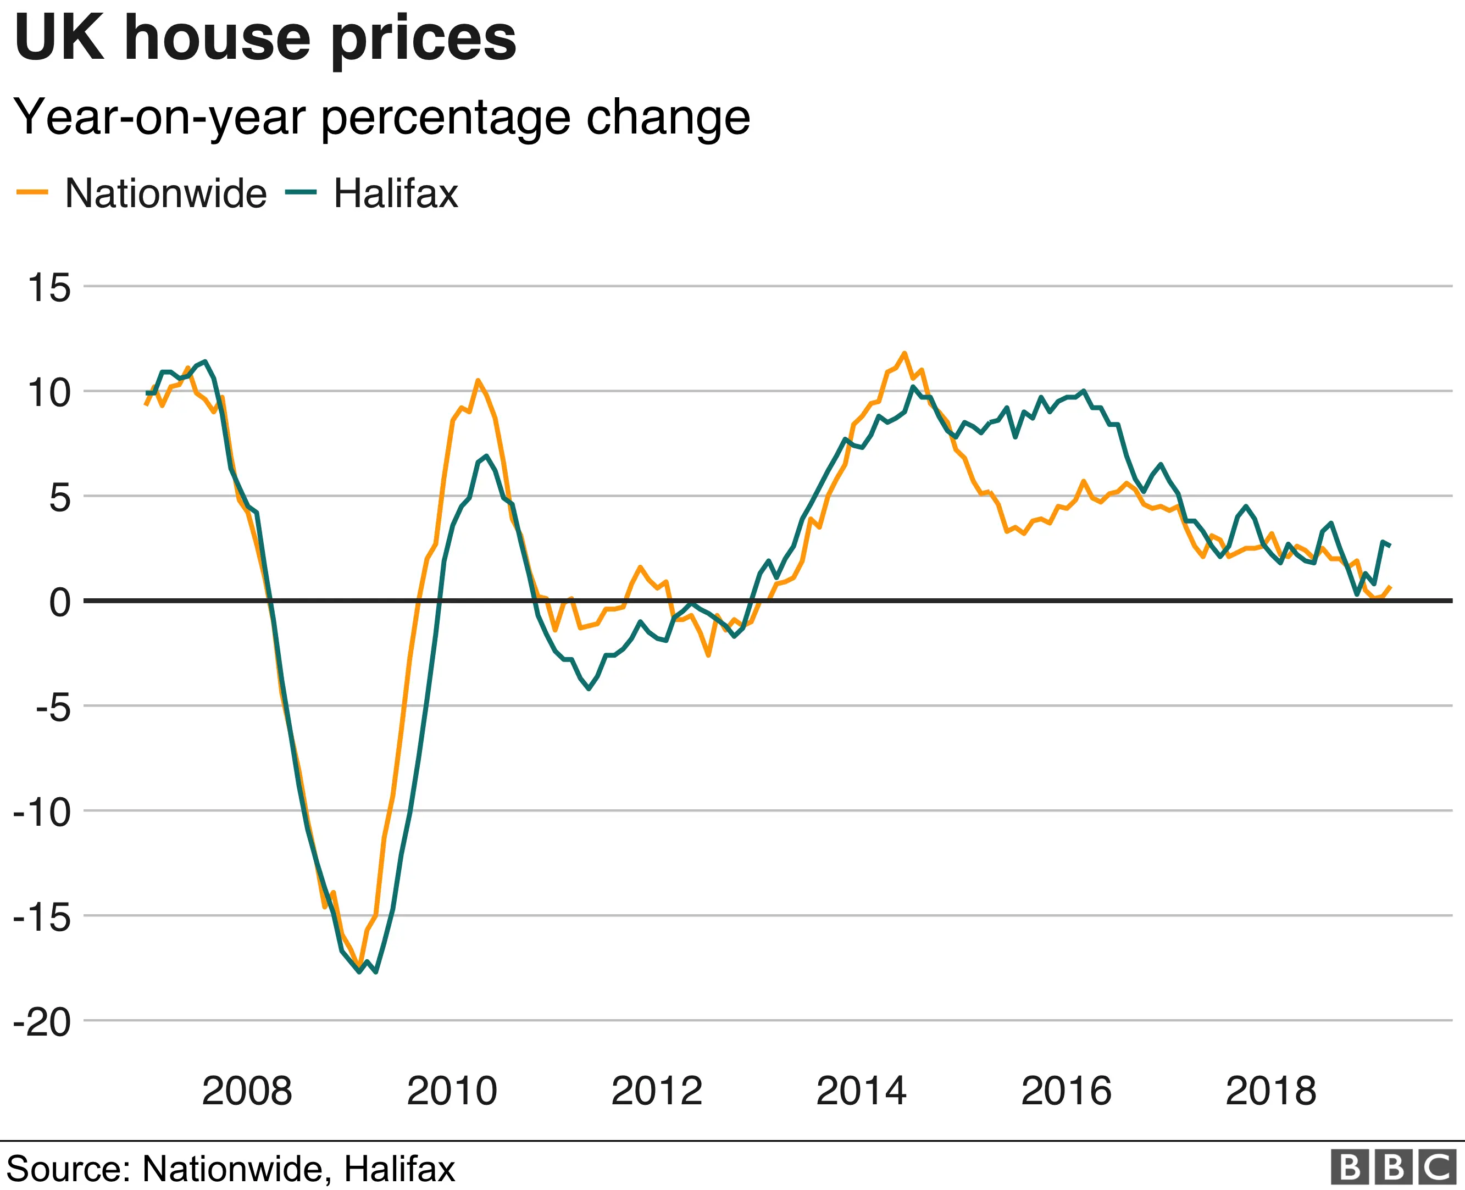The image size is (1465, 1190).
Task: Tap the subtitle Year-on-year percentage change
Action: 382,117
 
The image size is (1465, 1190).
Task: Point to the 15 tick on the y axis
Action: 49,287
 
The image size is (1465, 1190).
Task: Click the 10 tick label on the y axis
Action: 49,393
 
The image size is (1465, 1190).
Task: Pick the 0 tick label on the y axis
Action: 60,603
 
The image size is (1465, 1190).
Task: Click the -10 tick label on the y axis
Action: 42,813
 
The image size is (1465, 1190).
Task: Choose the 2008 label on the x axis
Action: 247,1091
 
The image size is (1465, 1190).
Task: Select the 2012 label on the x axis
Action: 657,1091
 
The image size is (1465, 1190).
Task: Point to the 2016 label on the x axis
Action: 1066,1091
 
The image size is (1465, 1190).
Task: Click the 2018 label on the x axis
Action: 1271,1091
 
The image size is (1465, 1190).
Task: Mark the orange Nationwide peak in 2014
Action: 904,353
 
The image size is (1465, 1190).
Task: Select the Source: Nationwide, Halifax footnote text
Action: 230,1169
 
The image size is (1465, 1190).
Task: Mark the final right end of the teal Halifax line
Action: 1389,545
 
